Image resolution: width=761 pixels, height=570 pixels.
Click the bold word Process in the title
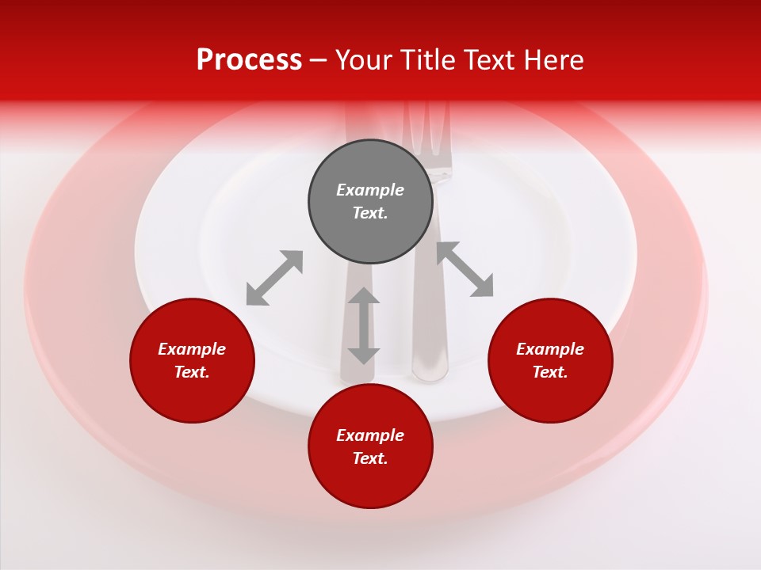coord(249,60)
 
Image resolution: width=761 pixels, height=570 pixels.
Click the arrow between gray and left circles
coord(274,277)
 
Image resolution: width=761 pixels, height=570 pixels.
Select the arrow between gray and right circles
coord(465,269)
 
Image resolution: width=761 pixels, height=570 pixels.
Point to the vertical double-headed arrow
coord(364,325)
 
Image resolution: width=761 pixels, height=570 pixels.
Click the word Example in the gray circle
coord(370,190)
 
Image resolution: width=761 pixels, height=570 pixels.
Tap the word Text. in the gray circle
coord(370,213)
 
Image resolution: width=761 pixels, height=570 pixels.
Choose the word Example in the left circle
coord(192,349)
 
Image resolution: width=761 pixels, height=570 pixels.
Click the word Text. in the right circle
coord(550,372)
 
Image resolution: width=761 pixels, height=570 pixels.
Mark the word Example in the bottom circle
coord(370,435)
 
